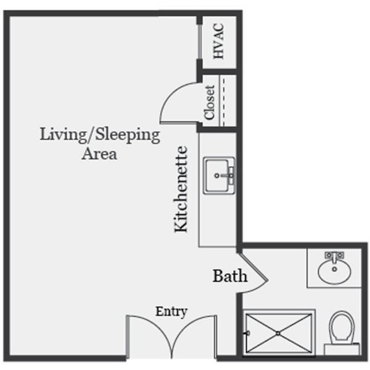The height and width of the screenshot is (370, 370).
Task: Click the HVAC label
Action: pos(218,41)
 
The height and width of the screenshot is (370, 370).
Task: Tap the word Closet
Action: pos(210,102)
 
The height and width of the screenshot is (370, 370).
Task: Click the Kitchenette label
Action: pos(181,189)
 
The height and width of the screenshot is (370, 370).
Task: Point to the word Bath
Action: pos(230,276)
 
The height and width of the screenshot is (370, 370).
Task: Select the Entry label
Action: pos(171,311)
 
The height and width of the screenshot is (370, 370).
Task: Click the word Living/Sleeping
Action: pos(100,134)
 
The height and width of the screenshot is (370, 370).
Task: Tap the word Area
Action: pos(99,154)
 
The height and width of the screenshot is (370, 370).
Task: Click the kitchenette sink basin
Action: pos(217,175)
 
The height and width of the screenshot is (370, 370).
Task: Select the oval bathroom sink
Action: pos(334,271)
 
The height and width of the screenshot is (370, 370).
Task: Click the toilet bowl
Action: pos(342,327)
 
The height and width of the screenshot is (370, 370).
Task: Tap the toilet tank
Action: pos(342,349)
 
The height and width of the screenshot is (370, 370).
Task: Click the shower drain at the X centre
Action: pos(278,334)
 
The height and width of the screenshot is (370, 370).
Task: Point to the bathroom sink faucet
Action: pos(334,257)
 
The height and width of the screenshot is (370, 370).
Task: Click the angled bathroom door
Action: pos(254,266)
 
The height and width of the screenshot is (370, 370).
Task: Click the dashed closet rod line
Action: pos(224,101)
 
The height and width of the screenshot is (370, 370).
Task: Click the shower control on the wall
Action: pos(247,333)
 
